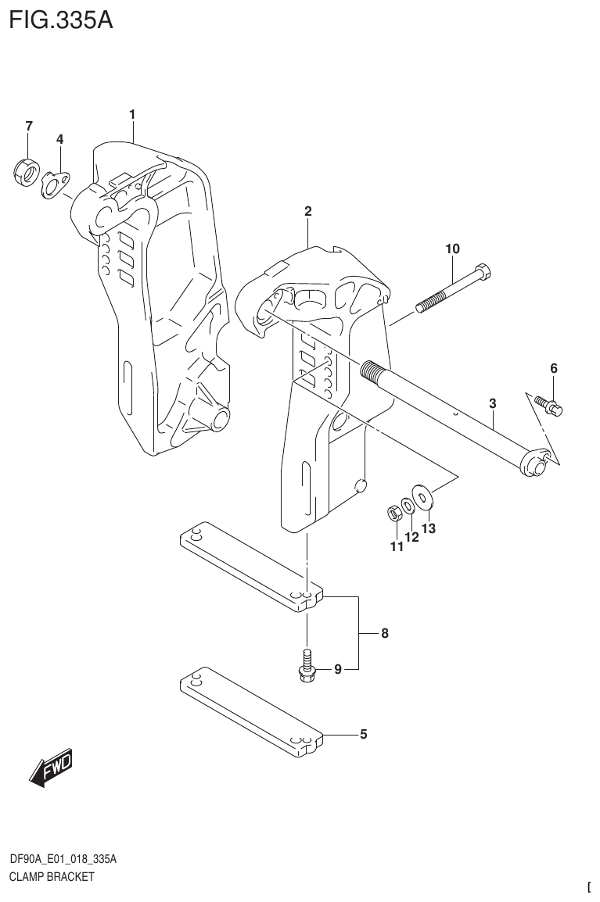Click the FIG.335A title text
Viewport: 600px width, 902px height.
point(62,20)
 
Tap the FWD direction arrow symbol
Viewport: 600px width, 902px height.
point(50,768)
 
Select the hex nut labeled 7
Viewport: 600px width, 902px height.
point(25,171)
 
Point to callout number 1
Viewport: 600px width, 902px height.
point(133,115)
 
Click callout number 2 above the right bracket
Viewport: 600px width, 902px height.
point(308,211)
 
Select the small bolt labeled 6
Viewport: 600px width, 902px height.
point(550,405)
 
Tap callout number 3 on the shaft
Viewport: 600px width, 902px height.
point(492,403)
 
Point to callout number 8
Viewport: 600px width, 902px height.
point(384,634)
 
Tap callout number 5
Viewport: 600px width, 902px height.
point(363,734)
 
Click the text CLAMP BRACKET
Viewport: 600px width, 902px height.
point(52,876)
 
